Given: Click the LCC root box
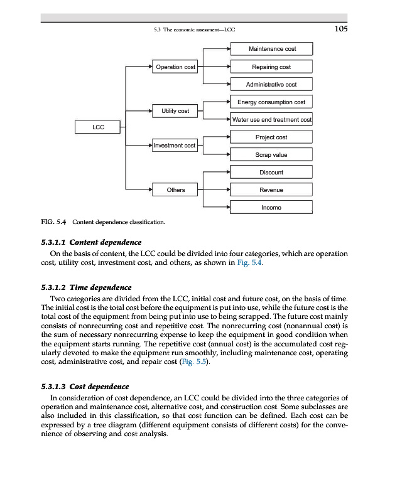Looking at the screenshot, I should tap(98, 127).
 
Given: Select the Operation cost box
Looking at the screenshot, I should tap(175, 67).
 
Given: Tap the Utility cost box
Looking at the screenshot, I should tap(175, 110).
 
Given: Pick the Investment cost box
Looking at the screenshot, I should tap(175, 146).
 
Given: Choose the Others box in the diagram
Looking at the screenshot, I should tap(175, 190).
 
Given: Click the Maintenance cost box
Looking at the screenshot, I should tap(271, 49).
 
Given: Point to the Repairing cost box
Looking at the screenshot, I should tap(271, 67).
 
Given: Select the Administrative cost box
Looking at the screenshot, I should tap(271, 84).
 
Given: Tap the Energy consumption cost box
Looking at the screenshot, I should tap(271, 102).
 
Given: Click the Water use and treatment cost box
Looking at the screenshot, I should tap(271, 119).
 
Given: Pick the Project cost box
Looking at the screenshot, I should tap(271, 137).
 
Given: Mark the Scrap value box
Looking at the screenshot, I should tap(271, 154).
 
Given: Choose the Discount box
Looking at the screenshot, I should tap(271, 172).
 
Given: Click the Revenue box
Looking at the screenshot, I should tap(271, 190).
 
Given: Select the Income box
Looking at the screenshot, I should tap(271, 207).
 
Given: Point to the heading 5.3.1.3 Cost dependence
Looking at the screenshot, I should tap(85, 387).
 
